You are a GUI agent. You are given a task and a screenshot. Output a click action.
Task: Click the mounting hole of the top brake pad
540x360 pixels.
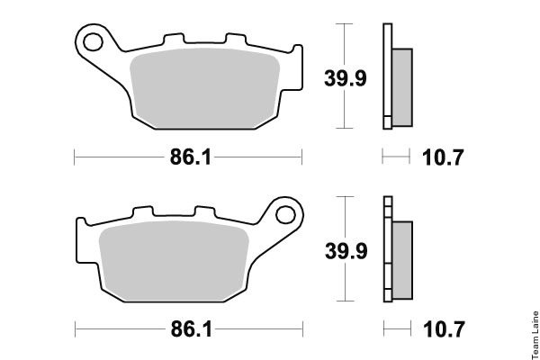coord(93,42)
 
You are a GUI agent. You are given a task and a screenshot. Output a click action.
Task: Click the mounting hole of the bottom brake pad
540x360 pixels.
coord(285,215)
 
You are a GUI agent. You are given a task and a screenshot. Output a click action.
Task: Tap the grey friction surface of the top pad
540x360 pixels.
coord(204,88)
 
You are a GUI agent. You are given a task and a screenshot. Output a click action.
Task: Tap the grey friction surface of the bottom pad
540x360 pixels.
coord(174,261)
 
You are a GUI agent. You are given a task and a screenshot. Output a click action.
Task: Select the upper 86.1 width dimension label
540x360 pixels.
coord(191,157)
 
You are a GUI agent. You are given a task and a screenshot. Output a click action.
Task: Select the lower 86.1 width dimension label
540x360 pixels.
coord(192,329)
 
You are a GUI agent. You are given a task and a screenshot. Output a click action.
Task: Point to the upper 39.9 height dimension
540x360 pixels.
coord(345,78)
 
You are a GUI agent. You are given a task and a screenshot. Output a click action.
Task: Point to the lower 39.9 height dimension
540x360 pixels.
coord(346,251)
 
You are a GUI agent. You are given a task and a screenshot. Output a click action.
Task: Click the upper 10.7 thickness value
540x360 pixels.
coord(443,157)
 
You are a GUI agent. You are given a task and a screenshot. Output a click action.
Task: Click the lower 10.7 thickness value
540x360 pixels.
coord(444,329)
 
